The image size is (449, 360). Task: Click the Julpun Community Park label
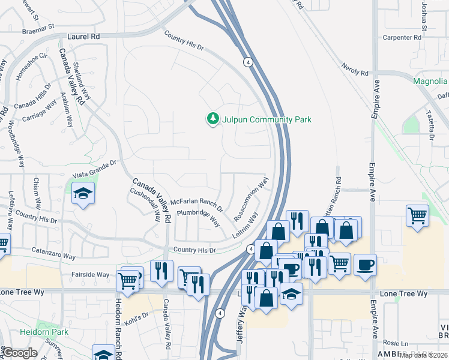pyautogui.click(x=267, y=119)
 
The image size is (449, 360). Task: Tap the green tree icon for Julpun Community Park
pyautogui.click(x=212, y=119)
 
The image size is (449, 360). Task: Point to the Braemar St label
pyautogui.click(x=38, y=26)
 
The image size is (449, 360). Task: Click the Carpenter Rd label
pyautogui.click(x=402, y=37)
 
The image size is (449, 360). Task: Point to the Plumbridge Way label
pyautogui.click(x=198, y=217)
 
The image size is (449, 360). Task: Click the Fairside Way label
pyautogui.click(x=91, y=274)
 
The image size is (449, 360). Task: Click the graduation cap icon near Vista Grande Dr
pyautogui.click(x=83, y=194)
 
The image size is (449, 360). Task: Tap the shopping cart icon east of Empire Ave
pyautogui.click(x=418, y=215)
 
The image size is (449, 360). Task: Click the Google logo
pyautogui.click(x=20, y=353)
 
